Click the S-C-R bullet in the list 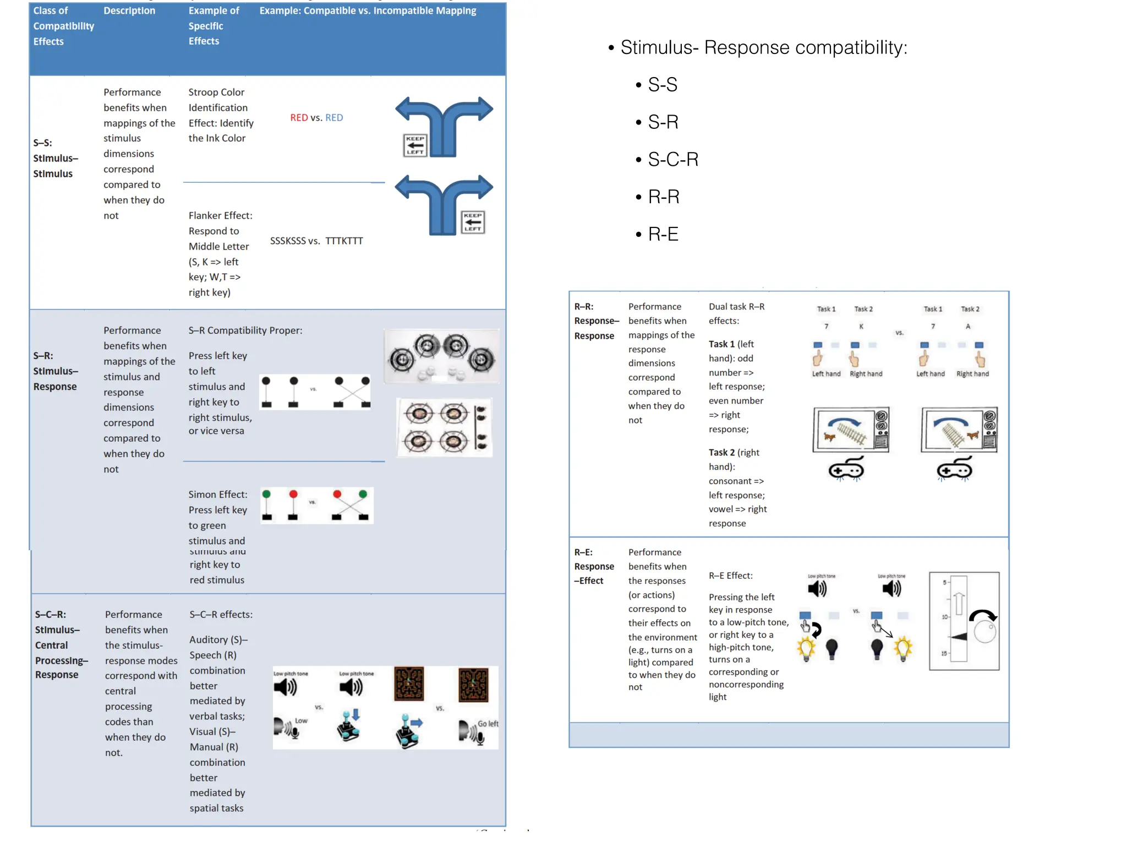672,160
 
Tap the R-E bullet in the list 663,235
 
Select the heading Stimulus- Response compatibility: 763,48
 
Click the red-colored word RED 299,118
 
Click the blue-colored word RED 334,118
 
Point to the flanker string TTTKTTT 344,241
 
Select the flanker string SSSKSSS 288,241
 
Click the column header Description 129,11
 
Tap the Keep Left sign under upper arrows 415,145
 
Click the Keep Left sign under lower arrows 473,223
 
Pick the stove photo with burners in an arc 441,356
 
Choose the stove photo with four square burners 444,427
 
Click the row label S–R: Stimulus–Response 55,371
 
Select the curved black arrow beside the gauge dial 982,615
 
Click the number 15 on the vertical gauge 944,654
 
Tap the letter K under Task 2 861,327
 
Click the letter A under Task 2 968,327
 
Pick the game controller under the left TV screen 846,470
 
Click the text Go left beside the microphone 488,724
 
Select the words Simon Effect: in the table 218,495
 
